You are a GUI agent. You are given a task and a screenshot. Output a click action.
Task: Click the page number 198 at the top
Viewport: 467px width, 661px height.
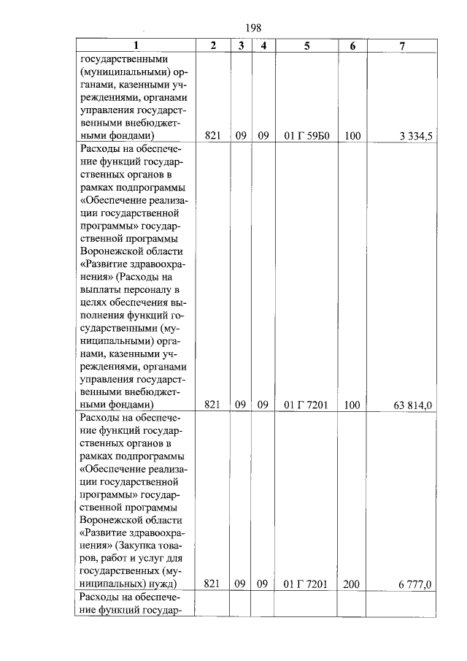pyautogui.click(x=253, y=28)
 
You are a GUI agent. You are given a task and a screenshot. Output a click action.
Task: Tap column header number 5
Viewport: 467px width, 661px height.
pyautogui.click(x=306, y=45)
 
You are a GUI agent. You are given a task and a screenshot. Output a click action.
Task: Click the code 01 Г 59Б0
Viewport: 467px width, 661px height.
pyautogui.click(x=306, y=136)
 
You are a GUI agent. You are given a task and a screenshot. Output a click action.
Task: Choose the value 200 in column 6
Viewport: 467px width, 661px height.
pyautogui.click(x=352, y=584)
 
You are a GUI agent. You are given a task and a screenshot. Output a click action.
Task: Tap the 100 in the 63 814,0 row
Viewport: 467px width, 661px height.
pyautogui.click(x=352, y=404)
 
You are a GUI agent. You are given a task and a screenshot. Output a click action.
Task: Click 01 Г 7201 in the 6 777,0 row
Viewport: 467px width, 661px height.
pyautogui.click(x=306, y=584)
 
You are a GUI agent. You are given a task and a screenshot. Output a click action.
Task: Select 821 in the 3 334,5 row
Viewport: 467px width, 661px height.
pyautogui.click(x=212, y=136)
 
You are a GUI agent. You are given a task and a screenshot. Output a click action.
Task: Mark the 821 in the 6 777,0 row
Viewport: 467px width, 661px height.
pyautogui.click(x=212, y=584)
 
